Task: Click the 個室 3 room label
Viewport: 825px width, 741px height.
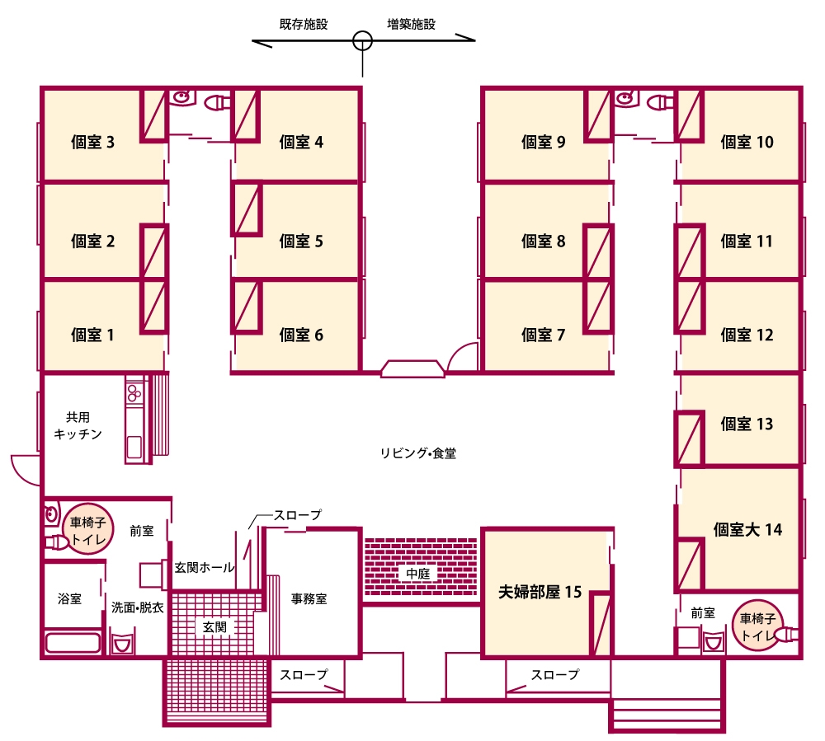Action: pyautogui.click(x=92, y=142)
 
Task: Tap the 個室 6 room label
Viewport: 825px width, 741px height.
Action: pyautogui.click(x=301, y=335)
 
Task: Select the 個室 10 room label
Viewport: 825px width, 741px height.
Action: pyautogui.click(x=747, y=142)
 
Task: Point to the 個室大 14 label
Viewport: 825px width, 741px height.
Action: pyautogui.click(x=747, y=529)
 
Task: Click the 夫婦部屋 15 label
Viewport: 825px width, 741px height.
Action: pyautogui.click(x=540, y=592)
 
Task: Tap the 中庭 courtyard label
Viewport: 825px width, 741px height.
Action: pyautogui.click(x=418, y=574)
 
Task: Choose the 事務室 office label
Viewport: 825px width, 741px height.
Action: pyautogui.click(x=309, y=598)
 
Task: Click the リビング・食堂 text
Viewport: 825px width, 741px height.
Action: pyautogui.click(x=418, y=453)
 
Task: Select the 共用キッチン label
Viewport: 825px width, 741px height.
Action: pyautogui.click(x=78, y=425)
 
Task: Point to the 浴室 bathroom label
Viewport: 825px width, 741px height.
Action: pyautogui.click(x=69, y=598)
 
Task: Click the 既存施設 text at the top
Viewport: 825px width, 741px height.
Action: pyautogui.click(x=304, y=24)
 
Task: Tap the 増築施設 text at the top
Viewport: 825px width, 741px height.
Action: pyautogui.click(x=411, y=24)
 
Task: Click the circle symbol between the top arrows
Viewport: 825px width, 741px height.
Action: pyautogui.click(x=362, y=40)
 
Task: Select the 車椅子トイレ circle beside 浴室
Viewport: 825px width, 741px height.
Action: pyautogui.click(x=88, y=530)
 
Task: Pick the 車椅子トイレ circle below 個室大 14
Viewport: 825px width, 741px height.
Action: pyautogui.click(x=757, y=626)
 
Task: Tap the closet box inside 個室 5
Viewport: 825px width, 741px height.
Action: pyautogui.click(x=247, y=209)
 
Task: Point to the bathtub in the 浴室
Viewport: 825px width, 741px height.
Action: pyautogui.click(x=73, y=643)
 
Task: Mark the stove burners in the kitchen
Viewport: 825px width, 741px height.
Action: pyautogui.click(x=134, y=392)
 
